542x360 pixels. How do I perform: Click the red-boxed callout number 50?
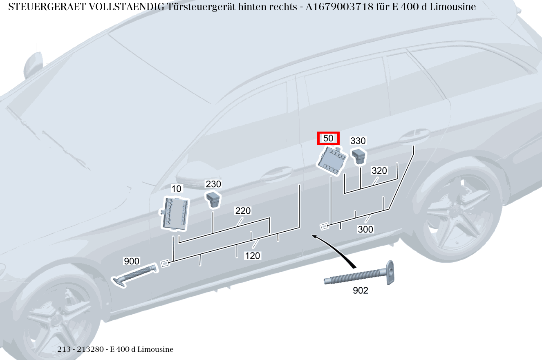328,138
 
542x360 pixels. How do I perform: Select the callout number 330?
358,141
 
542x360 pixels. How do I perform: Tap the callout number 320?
379,171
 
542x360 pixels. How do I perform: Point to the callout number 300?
365,230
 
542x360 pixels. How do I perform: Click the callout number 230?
213,184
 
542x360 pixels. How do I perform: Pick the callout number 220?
243,211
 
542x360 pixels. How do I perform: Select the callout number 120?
253,256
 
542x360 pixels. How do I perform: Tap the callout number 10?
176,189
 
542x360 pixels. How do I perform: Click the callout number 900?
132,261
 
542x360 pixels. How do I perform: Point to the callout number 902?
360,291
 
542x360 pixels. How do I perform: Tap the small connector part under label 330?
359,156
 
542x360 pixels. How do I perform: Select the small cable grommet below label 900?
135,275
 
